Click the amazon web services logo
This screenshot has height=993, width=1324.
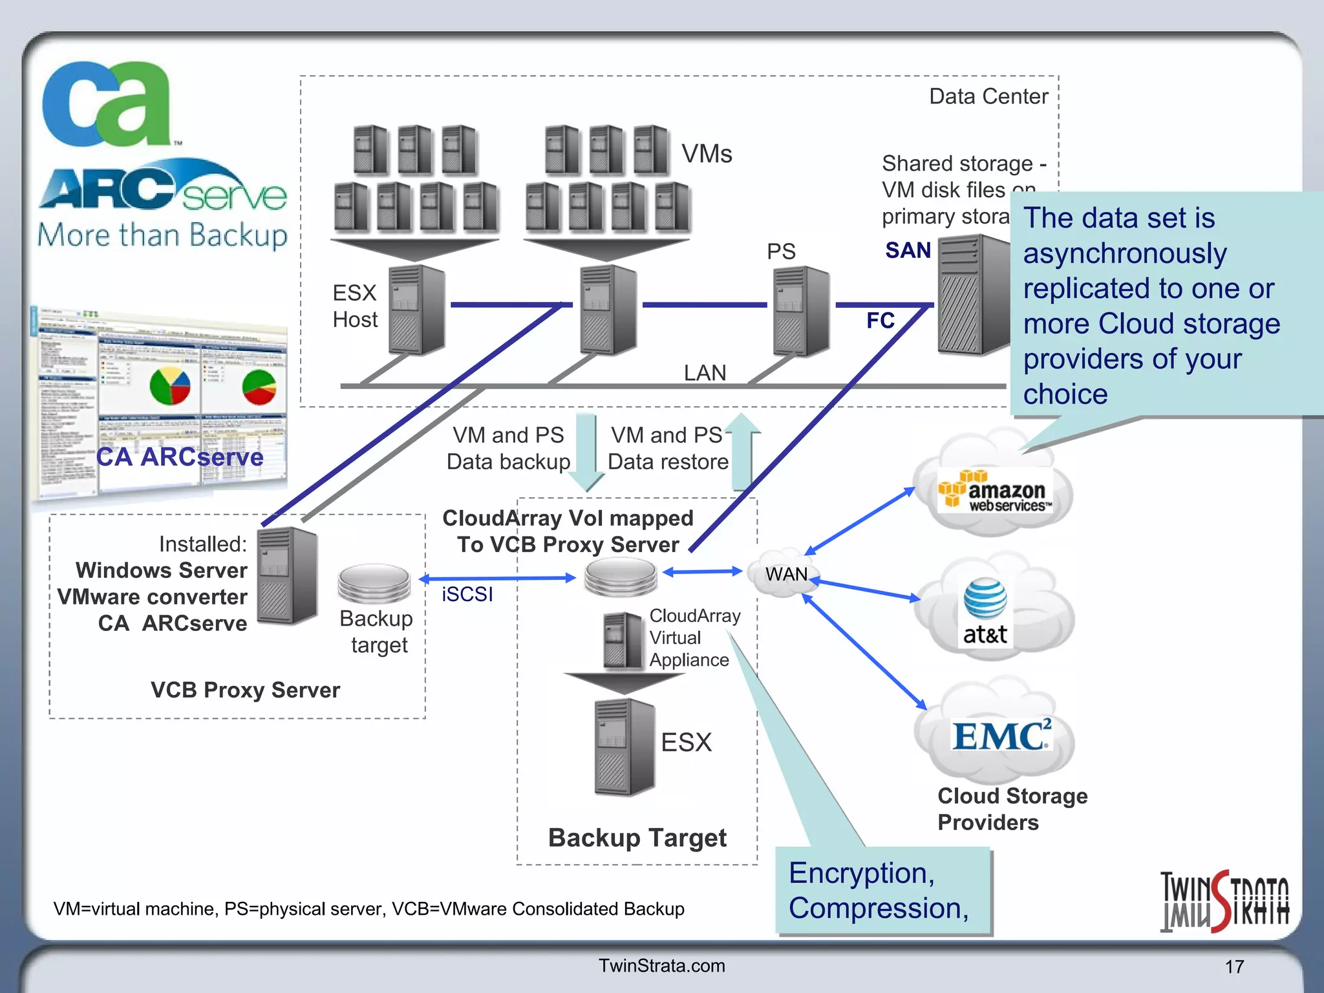pos(995,491)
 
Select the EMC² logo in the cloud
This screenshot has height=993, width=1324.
pos(1001,736)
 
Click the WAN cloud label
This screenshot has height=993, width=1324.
pos(786,574)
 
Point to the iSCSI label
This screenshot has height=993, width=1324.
pos(467,594)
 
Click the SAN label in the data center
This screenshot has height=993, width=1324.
pos(908,250)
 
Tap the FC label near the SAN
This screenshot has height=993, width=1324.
pos(880,321)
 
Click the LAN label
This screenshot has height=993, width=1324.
pos(705,373)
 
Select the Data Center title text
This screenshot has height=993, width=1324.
pos(988,96)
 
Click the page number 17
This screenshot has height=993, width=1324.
pos(1234,966)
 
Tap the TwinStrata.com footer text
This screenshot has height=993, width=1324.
pos(661,965)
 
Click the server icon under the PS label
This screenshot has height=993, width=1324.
pos(801,311)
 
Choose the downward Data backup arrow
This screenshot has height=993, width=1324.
pos(586,453)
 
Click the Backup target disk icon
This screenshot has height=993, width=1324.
pos(374,582)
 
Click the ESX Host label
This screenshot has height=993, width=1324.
pos(354,306)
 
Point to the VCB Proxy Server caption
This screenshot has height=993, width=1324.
pos(245,690)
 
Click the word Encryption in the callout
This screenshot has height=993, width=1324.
pos(861,873)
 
